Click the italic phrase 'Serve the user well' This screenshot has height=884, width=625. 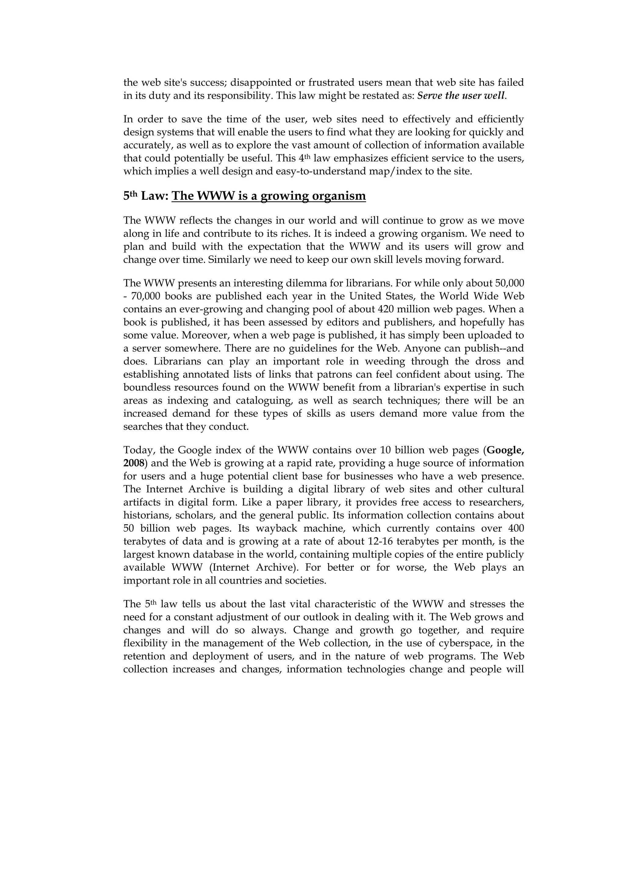(461, 96)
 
